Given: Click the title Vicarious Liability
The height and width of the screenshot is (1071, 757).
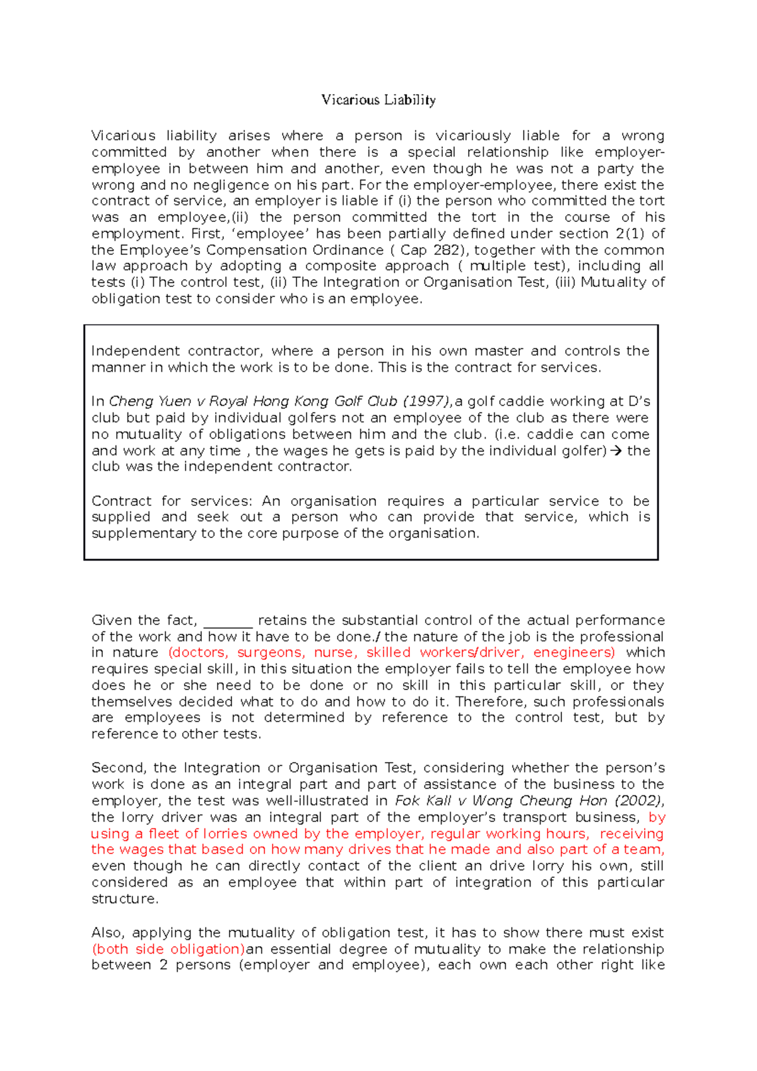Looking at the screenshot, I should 378,100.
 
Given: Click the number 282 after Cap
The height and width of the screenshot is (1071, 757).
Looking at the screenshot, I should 447,250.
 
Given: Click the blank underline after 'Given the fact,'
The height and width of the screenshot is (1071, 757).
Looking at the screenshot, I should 228,621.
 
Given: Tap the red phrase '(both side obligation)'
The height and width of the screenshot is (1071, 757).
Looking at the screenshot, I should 168,949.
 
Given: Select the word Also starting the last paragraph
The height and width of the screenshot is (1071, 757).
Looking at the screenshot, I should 107,933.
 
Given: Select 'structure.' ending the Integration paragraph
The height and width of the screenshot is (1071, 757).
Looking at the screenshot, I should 125,899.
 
